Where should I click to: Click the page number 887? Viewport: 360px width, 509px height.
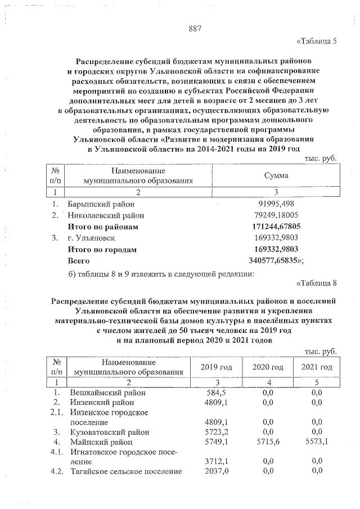[x=195, y=29]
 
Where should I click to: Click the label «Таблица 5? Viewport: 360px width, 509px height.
[x=316, y=42]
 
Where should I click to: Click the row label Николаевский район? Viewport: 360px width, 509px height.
[x=105, y=215]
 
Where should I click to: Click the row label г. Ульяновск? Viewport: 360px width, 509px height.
[x=92, y=238]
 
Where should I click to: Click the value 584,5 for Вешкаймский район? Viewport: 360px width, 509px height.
[x=217, y=392]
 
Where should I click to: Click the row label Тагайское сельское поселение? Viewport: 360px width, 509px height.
[x=125, y=471]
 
